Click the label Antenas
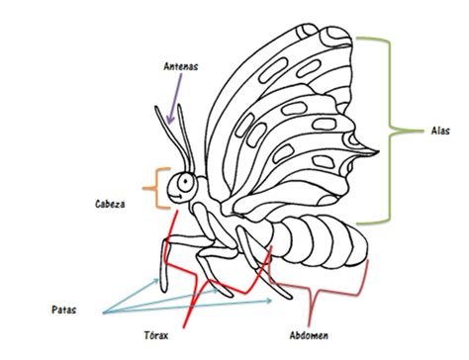(181, 66)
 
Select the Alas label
(441, 130)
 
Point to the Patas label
(64, 310)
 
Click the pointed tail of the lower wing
(376, 150)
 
